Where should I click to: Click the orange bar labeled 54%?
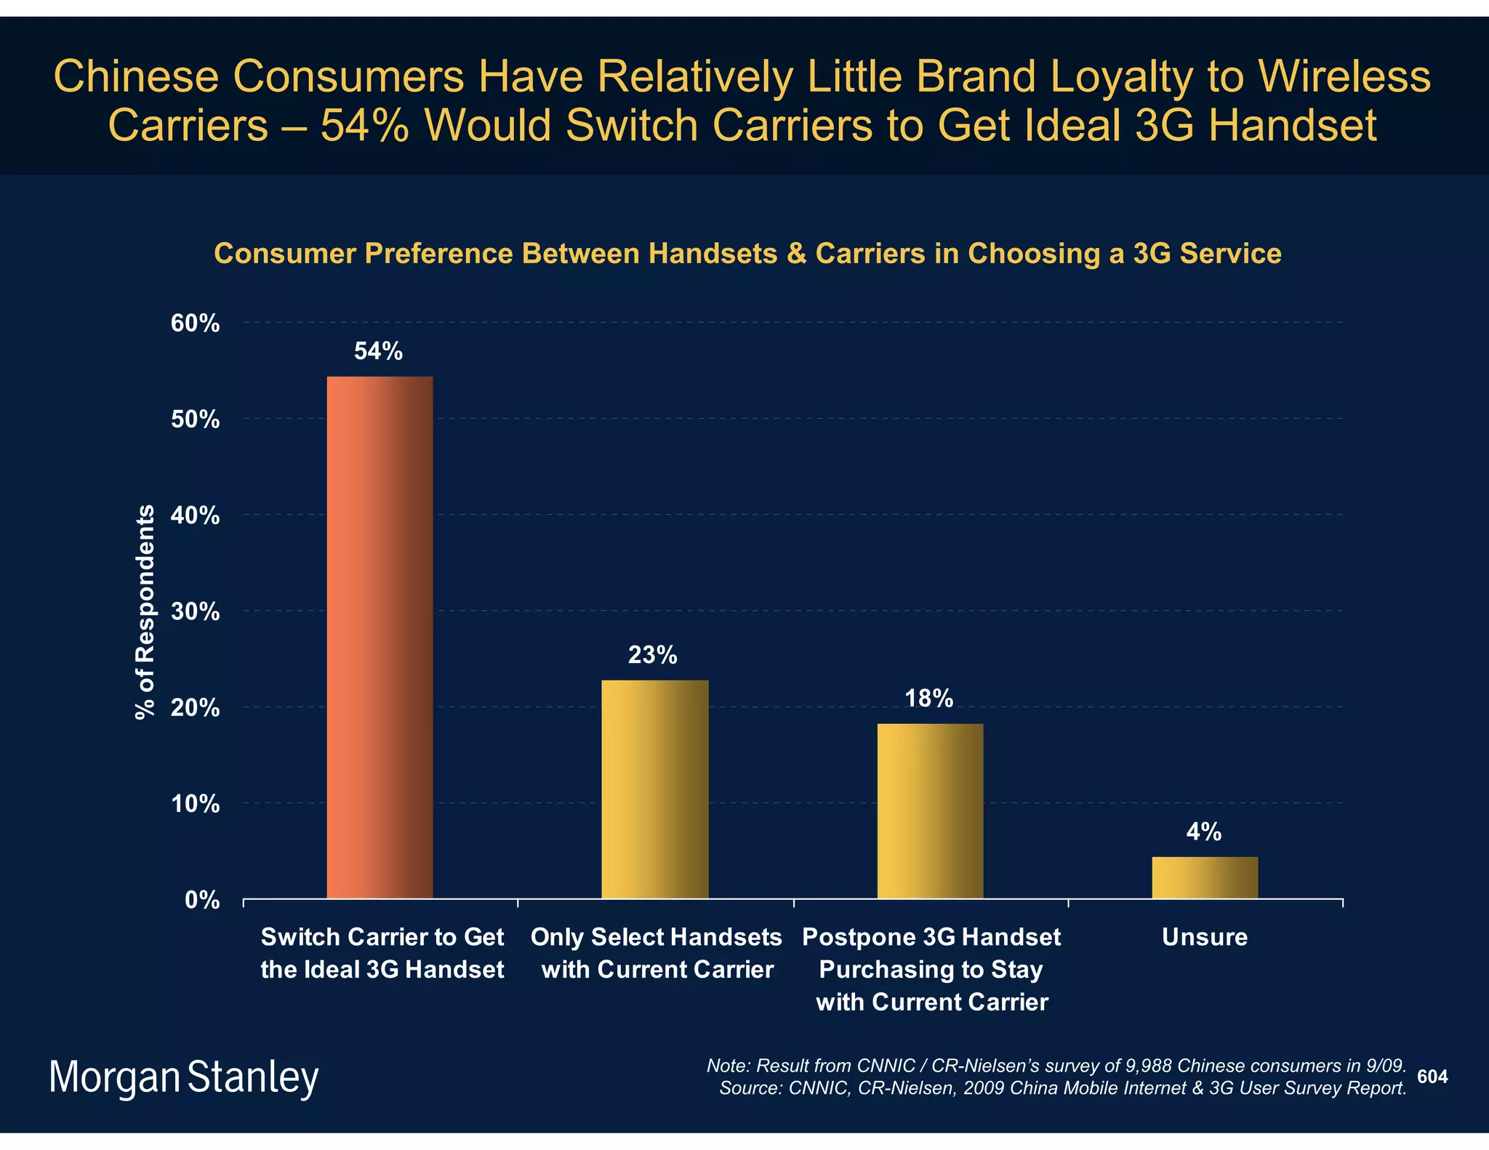click(380, 637)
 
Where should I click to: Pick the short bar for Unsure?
click(1205, 877)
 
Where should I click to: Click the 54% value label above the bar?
click(378, 352)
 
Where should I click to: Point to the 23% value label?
click(652, 656)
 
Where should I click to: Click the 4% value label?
click(1204, 832)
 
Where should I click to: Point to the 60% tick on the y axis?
click(195, 323)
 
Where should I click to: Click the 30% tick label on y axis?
click(195, 612)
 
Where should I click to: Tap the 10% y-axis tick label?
click(195, 804)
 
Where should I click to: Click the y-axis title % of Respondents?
click(145, 611)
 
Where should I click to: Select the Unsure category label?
click(1205, 937)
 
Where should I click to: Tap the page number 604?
click(1432, 1077)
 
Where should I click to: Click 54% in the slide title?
click(367, 125)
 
